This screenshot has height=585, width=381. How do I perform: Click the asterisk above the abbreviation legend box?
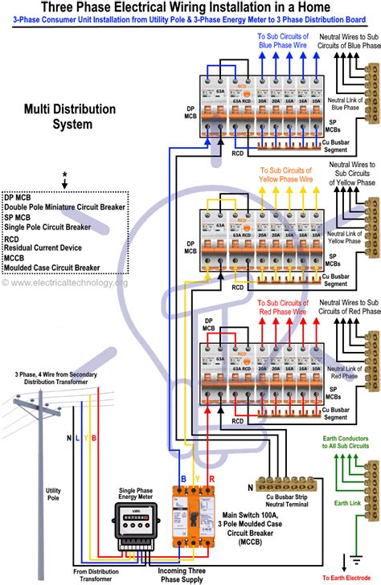(x=64, y=175)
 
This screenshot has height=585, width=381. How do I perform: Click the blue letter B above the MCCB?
(x=183, y=478)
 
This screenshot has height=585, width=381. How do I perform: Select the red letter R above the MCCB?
(x=211, y=478)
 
